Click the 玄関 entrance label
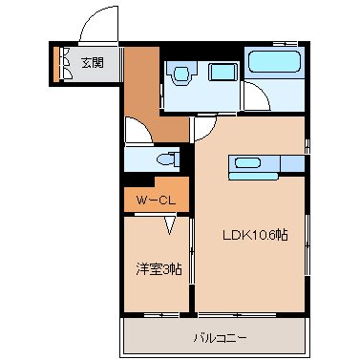coord(93,63)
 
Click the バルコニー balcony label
coord(221,337)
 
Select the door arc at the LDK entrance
coord(204,130)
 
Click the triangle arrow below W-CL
coord(169,226)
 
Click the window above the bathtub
coord(277,44)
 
